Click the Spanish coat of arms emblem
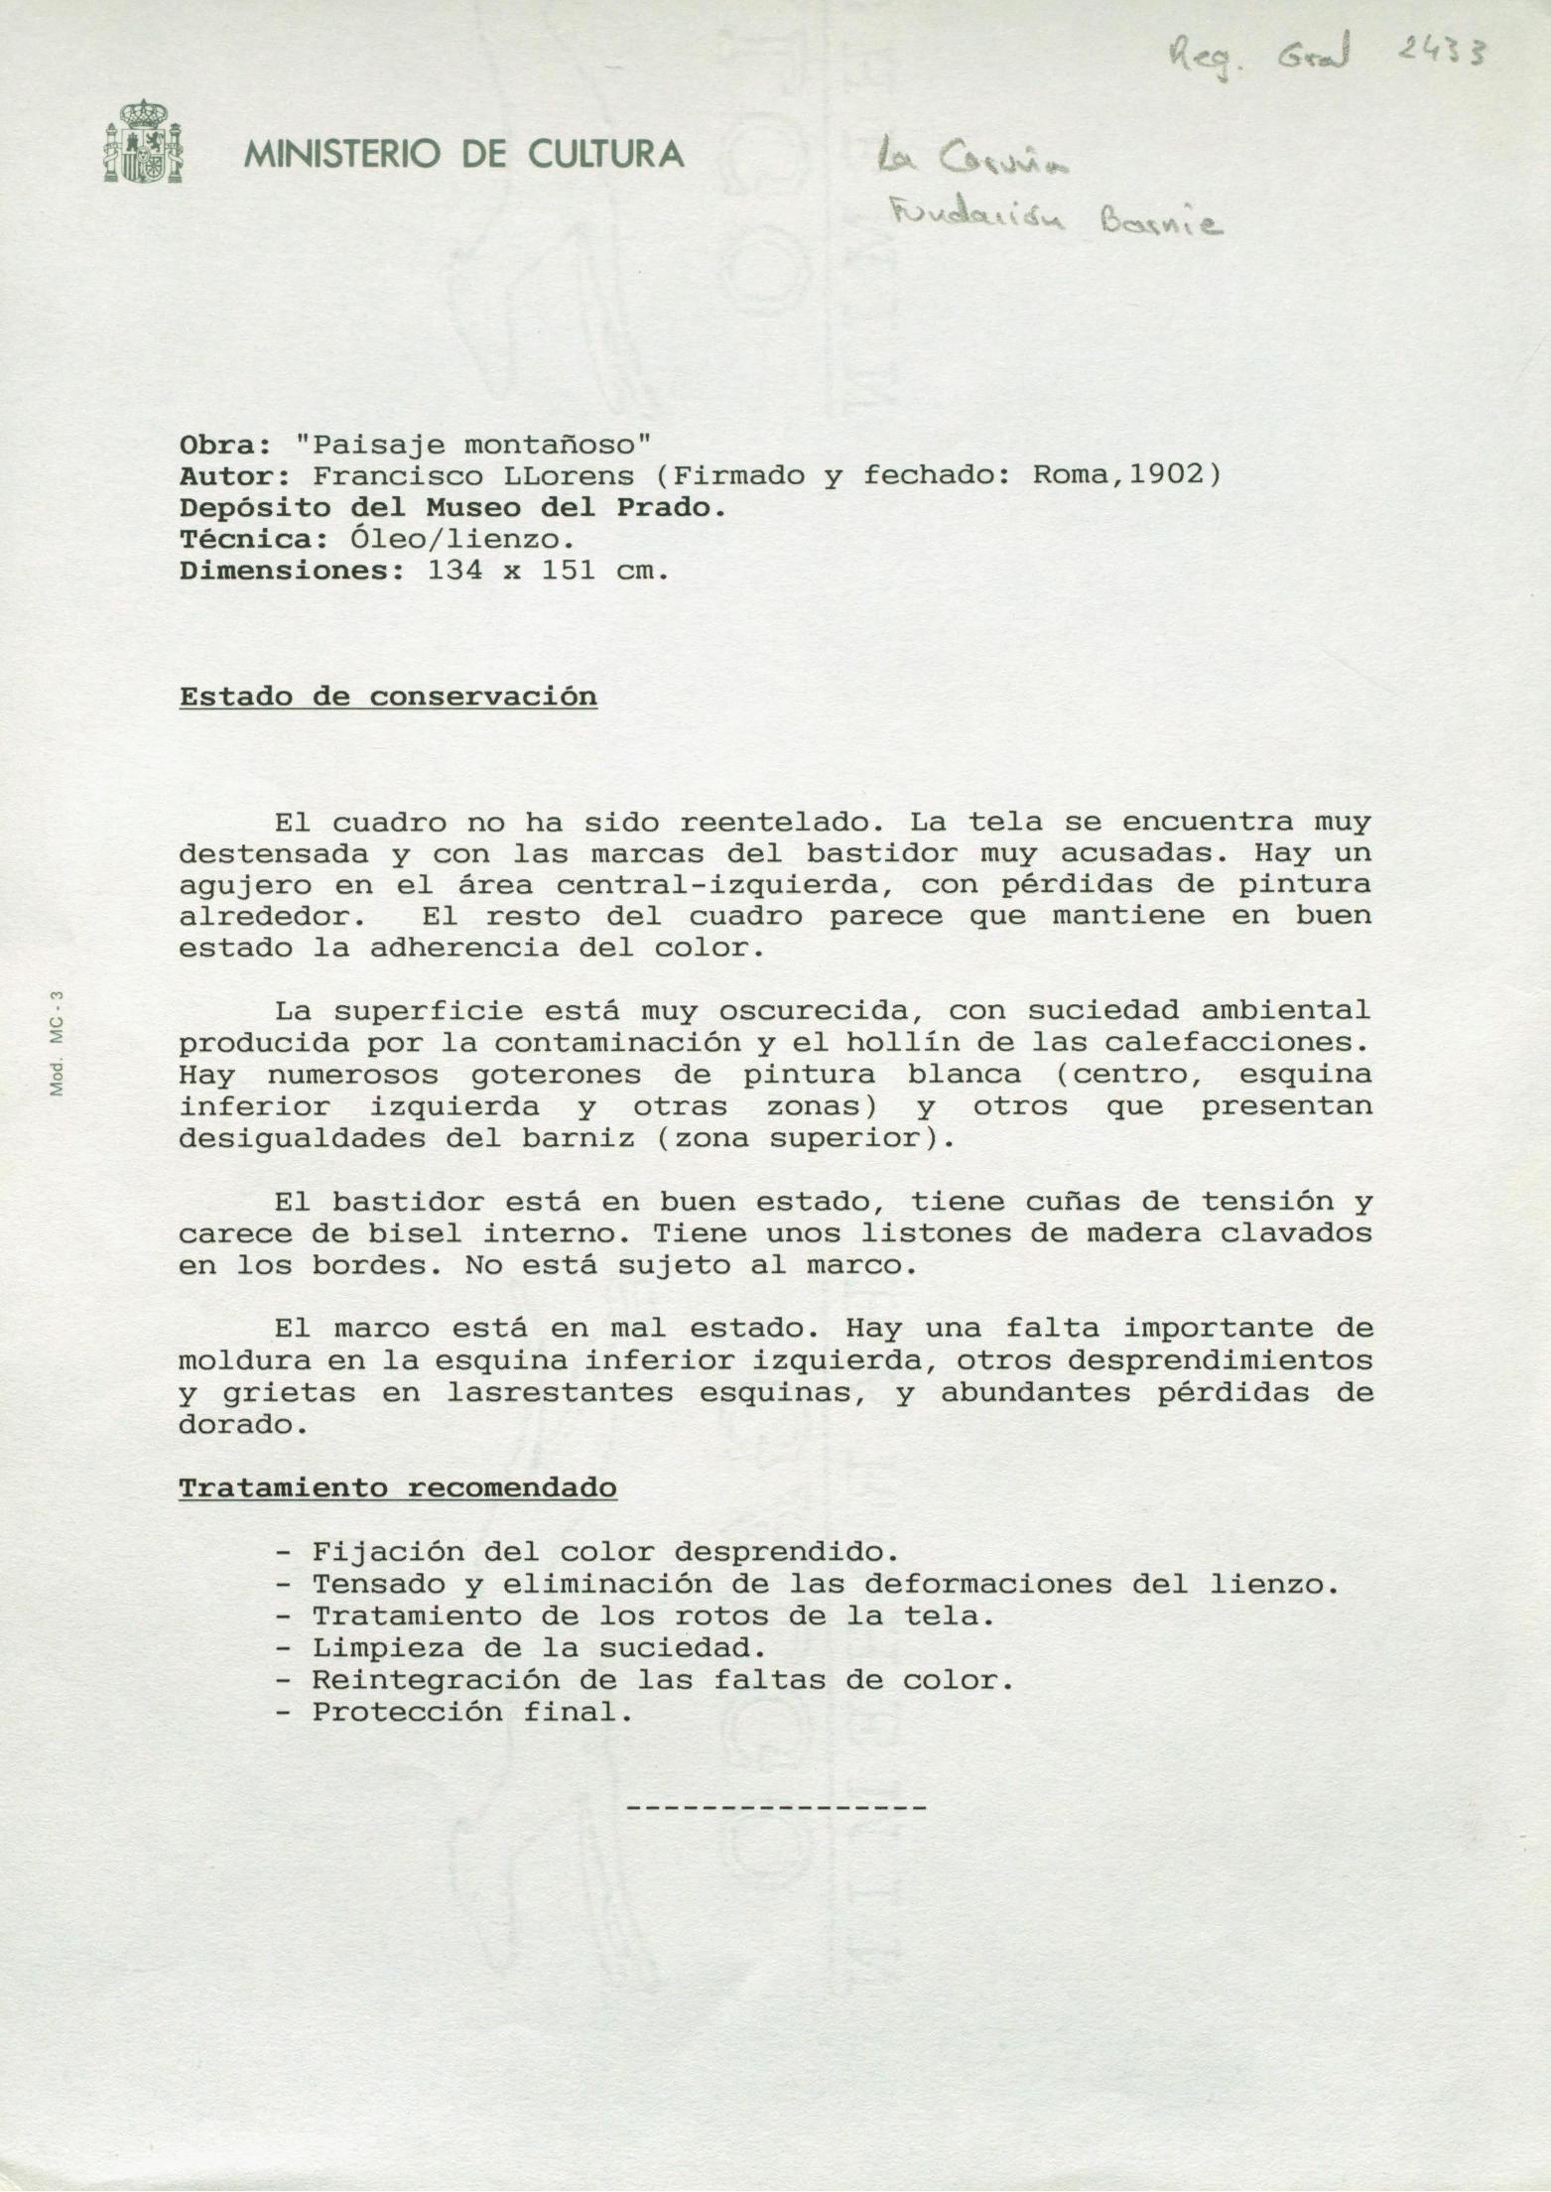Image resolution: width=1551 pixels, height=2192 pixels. point(143,141)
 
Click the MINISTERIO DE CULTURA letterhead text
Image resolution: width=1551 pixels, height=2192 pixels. point(463,154)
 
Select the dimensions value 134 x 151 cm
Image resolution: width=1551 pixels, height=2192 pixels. point(547,571)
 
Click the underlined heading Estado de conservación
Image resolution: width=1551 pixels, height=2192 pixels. point(388,697)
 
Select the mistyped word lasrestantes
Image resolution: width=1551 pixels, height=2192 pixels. point(559,1392)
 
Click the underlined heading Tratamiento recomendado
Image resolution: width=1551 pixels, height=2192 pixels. point(397,1488)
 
